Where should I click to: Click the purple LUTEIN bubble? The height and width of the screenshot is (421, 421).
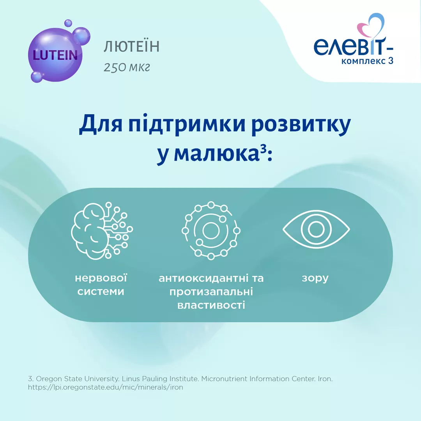(55, 55)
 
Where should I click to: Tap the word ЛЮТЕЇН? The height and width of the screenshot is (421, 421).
(132, 46)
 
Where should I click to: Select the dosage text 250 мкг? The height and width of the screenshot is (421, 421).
(127, 67)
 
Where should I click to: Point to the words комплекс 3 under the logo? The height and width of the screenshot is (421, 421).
(367, 61)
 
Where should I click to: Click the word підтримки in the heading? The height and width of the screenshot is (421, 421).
(187, 124)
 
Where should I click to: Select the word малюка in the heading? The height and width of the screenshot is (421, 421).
(216, 154)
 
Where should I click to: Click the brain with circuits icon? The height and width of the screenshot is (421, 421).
(102, 231)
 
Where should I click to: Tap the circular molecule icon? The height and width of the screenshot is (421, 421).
(211, 231)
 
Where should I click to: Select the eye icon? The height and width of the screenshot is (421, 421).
(316, 229)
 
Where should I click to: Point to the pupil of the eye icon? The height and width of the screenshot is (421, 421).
(316, 229)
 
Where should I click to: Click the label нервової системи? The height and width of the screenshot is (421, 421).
(101, 285)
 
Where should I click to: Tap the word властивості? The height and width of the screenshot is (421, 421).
(211, 305)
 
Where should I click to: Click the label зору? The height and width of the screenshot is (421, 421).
(315, 279)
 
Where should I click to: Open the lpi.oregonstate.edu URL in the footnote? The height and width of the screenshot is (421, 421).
(106, 387)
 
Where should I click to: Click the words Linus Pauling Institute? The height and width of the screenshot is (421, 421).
(160, 379)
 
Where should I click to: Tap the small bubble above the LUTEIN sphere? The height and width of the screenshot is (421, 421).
(68, 23)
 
